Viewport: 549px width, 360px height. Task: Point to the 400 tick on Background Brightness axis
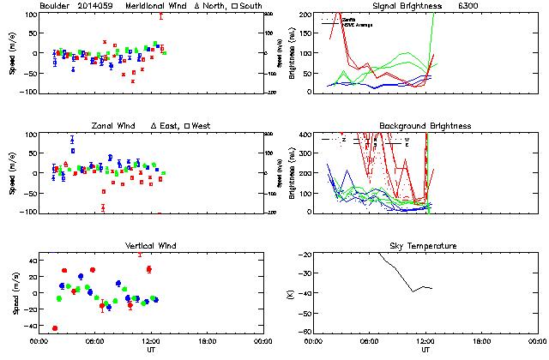point(305,135)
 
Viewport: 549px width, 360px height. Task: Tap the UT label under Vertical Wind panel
point(151,350)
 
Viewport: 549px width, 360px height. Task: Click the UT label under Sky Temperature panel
point(425,350)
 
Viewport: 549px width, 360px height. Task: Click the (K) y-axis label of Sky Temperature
point(294,293)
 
